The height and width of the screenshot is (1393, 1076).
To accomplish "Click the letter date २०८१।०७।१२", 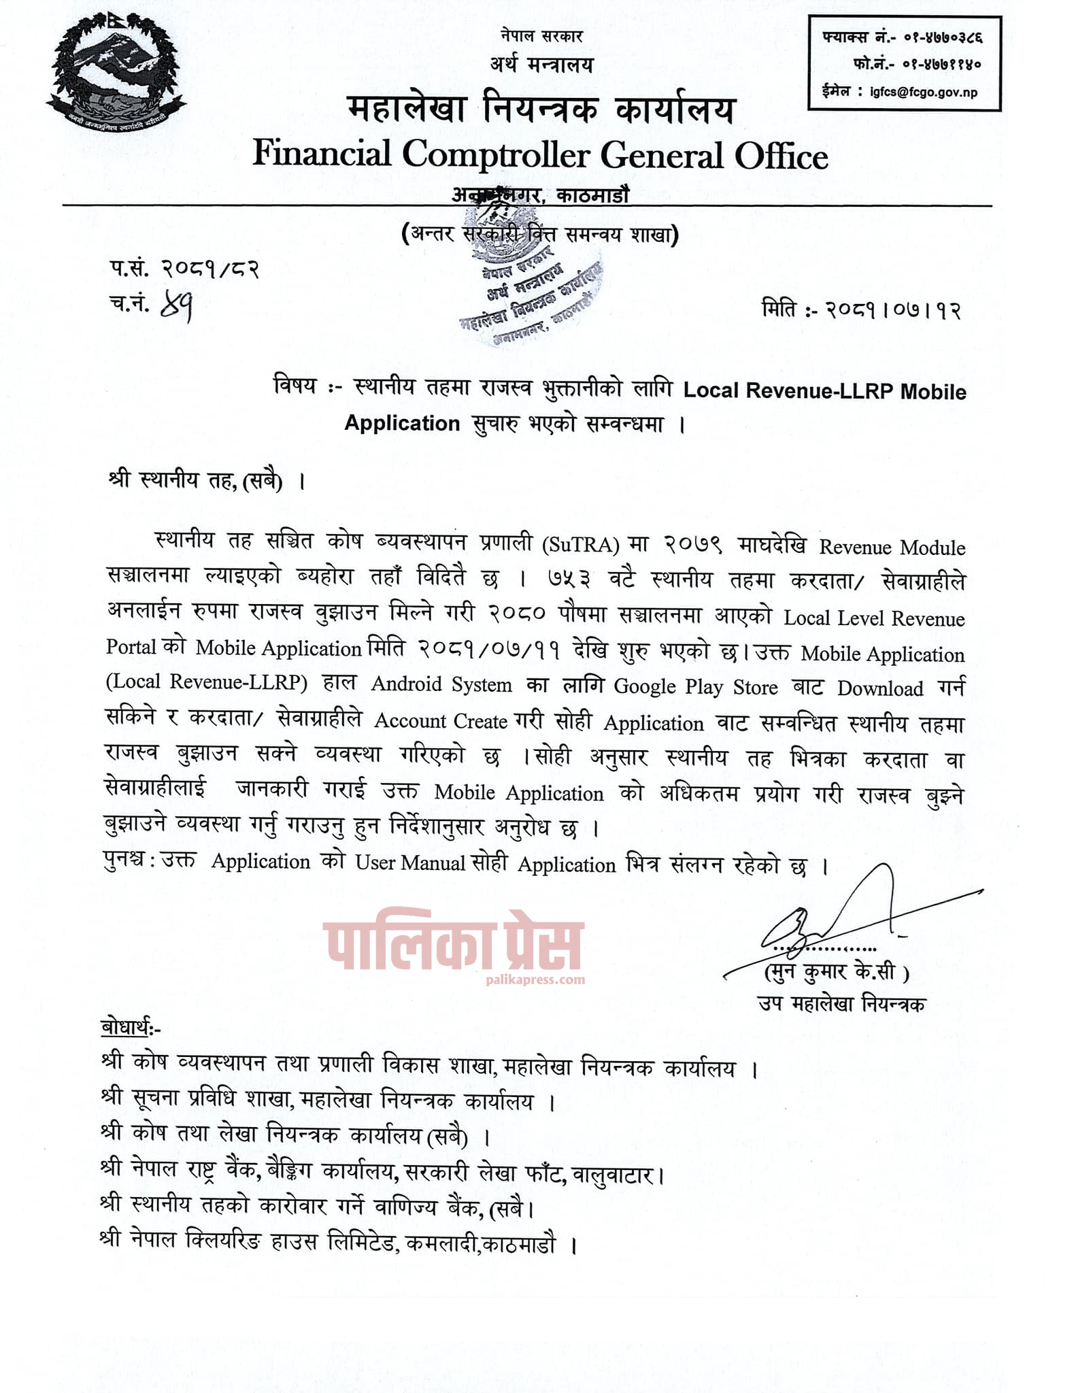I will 894,310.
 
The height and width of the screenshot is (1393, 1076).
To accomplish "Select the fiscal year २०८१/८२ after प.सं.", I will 211,270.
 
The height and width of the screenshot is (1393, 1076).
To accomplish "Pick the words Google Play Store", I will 695,686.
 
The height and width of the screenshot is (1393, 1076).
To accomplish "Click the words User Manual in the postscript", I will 410,862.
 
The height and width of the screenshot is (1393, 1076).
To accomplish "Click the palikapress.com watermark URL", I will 536,980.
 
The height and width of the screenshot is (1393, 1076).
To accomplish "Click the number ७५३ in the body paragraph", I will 568,580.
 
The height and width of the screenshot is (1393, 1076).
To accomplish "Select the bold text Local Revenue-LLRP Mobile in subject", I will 824,391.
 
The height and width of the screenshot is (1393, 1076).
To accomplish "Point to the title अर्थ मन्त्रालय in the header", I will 541,65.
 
